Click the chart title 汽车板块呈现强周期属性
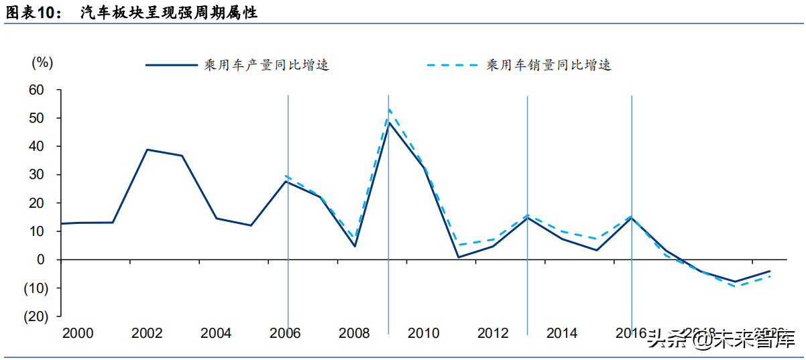pyautogui.click(x=168, y=13)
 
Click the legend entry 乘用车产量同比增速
pyautogui.click(x=266, y=65)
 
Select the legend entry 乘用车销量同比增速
pyautogui.click(x=548, y=65)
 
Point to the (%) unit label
pyautogui.click(x=42, y=62)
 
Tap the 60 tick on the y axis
pyautogui.click(x=36, y=90)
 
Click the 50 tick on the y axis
pyautogui.click(x=36, y=118)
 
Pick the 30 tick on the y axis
pyautogui.click(x=36, y=174)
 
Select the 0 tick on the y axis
pyautogui.click(x=40, y=259)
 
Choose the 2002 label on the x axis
pyautogui.click(x=147, y=333)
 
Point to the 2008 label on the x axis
pyautogui.click(x=355, y=333)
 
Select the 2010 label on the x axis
pyautogui.click(x=424, y=333)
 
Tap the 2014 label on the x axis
pyautogui.click(x=562, y=333)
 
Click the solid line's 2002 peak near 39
pyautogui.click(x=147, y=149)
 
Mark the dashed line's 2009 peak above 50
pyautogui.click(x=389, y=109)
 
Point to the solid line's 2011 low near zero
pyautogui.click(x=458, y=257)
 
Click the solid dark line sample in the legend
pyautogui.click(x=171, y=65)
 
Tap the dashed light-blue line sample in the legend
pyautogui.click(x=452, y=65)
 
